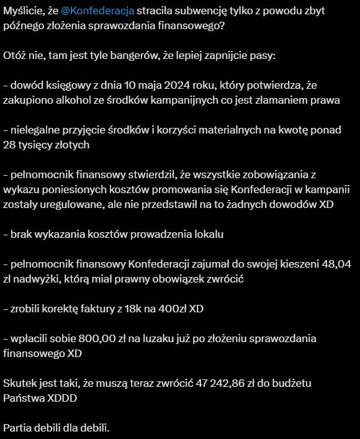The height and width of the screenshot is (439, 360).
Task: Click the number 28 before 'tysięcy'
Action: click(10, 145)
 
